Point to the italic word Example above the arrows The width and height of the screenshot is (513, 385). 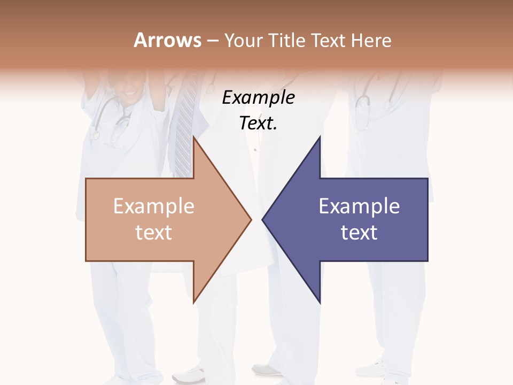[x=259, y=98]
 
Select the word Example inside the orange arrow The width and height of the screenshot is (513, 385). [x=154, y=206]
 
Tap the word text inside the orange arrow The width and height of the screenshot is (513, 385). [x=154, y=233]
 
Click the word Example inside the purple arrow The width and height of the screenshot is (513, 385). [x=359, y=206]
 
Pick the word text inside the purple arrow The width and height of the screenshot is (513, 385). [x=359, y=233]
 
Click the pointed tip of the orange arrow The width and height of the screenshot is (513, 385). [x=251, y=219]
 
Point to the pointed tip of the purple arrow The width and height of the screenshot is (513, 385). [x=262, y=219]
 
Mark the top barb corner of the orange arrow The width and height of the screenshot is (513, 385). [x=193, y=137]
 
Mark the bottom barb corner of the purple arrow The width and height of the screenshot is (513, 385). [x=320, y=303]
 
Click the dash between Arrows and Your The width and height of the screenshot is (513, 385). [x=212, y=41]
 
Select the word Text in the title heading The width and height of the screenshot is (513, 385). [x=329, y=40]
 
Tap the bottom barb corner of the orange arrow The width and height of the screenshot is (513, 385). [x=193, y=303]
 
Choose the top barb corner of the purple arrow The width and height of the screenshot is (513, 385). [x=320, y=137]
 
